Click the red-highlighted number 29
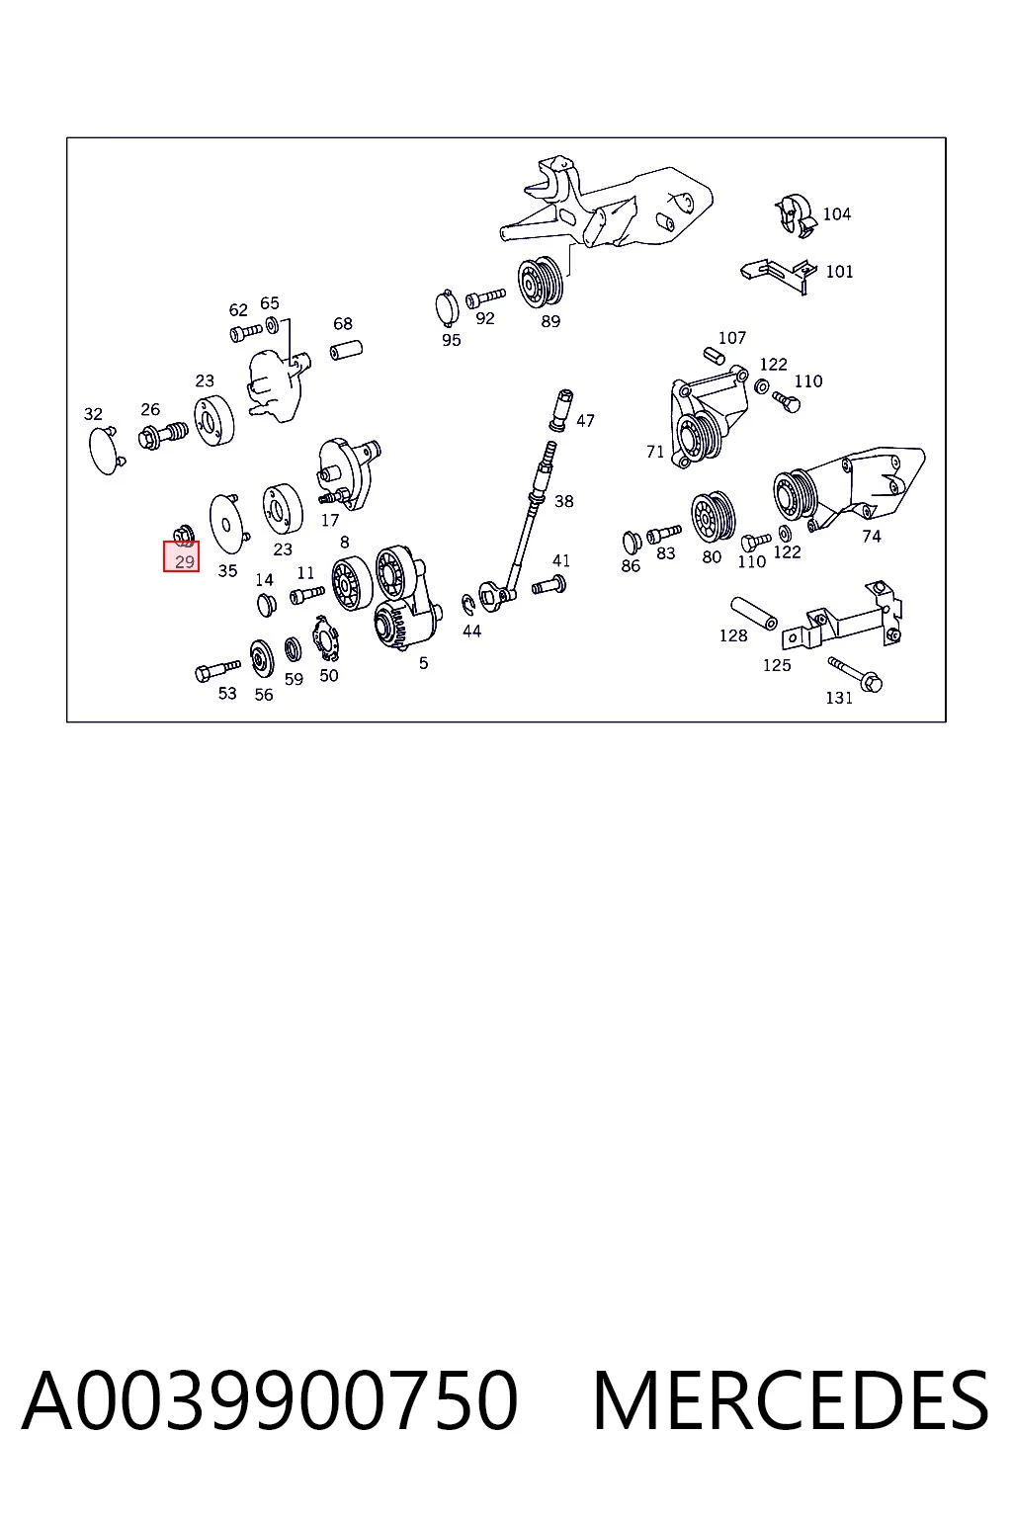click(x=185, y=561)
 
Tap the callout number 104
click(x=836, y=214)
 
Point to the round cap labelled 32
click(x=105, y=450)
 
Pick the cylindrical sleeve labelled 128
click(x=754, y=613)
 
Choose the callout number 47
click(x=585, y=421)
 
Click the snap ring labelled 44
click(x=468, y=605)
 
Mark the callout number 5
click(x=424, y=663)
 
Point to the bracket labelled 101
click(x=778, y=275)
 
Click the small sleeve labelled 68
click(x=346, y=351)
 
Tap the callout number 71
click(x=655, y=452)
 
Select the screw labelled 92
click(x=485, y=296)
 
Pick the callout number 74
click(x=871, y=537)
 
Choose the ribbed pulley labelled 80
click(x=714, y=517)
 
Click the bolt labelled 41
click(x=549, y=585)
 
